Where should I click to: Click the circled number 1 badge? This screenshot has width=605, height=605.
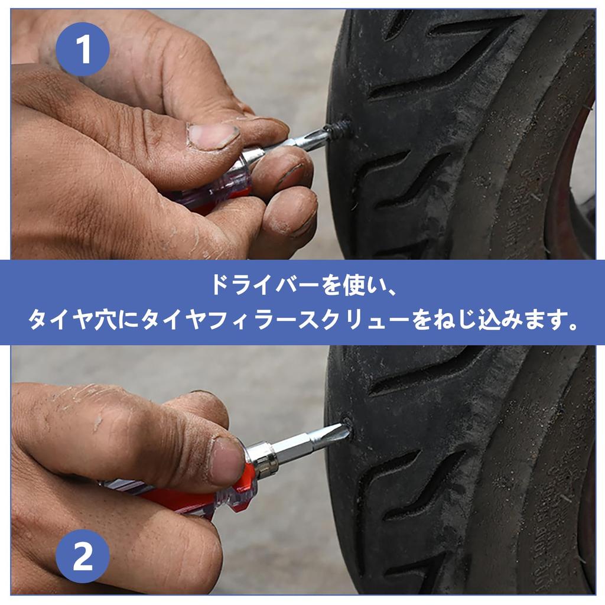83,49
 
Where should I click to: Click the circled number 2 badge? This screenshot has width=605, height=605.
83,557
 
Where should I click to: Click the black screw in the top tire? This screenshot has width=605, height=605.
339,126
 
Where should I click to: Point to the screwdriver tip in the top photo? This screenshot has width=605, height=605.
319,135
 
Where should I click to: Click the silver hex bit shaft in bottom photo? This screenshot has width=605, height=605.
301,445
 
